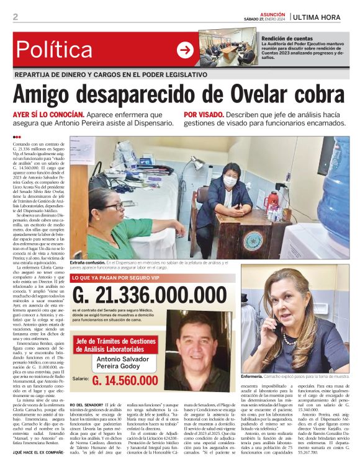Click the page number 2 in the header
[15, 17]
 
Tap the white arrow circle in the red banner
[185, 50]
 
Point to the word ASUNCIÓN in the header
[272, 13]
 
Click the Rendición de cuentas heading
[287, 38]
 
